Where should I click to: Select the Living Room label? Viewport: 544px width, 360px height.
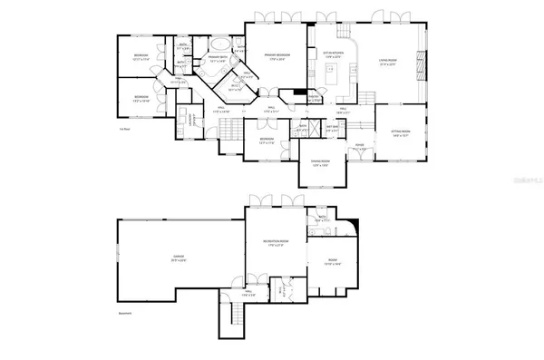point(389,63)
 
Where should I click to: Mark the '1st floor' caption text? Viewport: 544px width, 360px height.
point(124,129)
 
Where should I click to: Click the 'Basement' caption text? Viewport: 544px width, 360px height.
point(125,314)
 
